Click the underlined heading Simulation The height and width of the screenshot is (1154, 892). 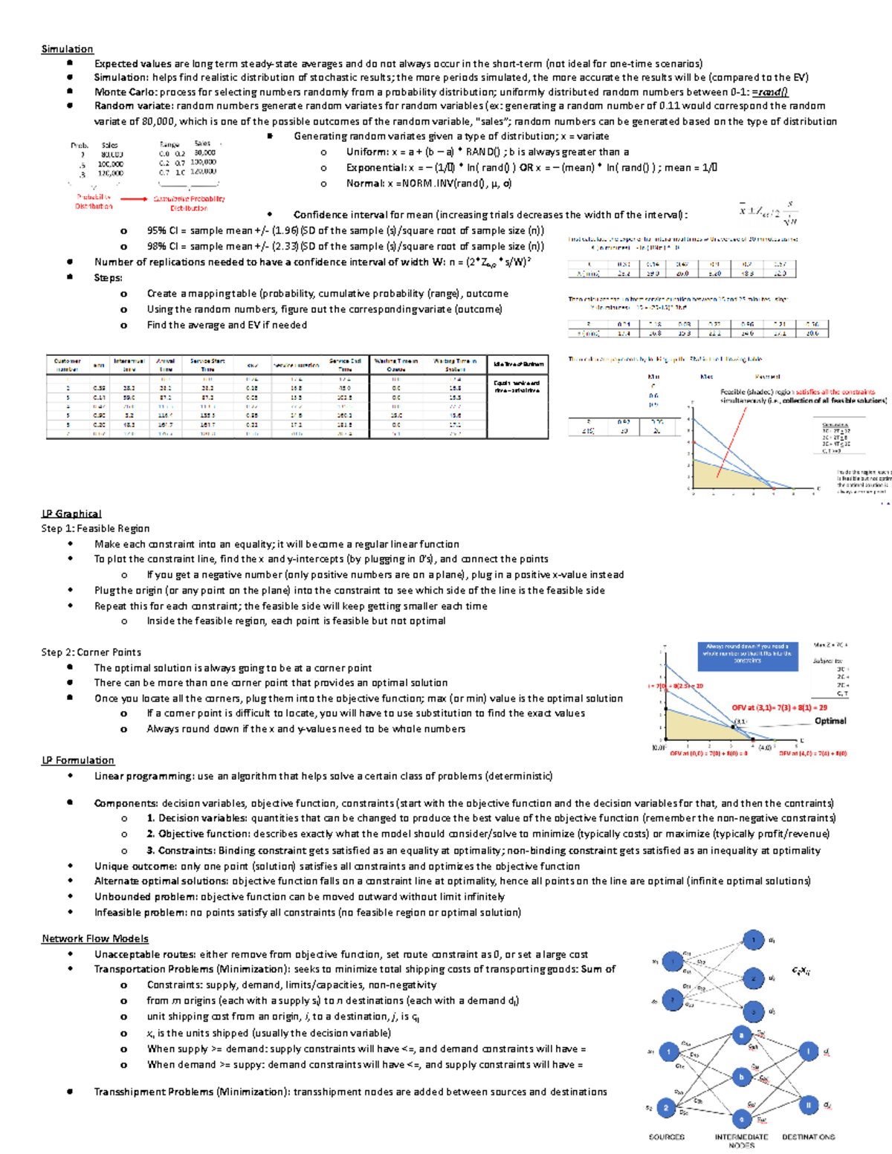pos(67,49)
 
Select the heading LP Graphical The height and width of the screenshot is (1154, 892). pos(71,513)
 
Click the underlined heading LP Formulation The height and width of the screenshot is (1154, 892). pos(78,760)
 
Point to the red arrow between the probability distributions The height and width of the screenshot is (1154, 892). pos(134,199)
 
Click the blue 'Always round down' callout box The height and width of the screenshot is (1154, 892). pos(748,654)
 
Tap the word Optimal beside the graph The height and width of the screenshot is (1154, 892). pos(830,721)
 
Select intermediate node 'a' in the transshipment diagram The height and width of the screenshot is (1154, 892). pos(740,1035)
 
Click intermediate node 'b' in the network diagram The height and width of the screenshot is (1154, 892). pos(740,1077)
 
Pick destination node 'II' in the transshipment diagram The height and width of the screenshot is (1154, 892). pos(808,1105)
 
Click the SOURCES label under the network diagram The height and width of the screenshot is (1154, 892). pos(666,1137)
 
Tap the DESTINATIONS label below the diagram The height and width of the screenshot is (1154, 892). pos(808,1137)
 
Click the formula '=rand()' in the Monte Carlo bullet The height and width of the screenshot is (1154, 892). pos(769,92)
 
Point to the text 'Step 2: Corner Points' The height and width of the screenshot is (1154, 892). pos(91,652)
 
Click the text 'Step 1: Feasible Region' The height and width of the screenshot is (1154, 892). pos(95,528)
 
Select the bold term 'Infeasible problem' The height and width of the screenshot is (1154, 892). pos(140,912)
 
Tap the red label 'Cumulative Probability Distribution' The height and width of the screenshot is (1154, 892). pos(189,203)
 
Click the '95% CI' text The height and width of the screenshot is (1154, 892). pos(162,230)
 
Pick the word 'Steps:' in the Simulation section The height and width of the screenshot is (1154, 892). pos(108,277)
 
